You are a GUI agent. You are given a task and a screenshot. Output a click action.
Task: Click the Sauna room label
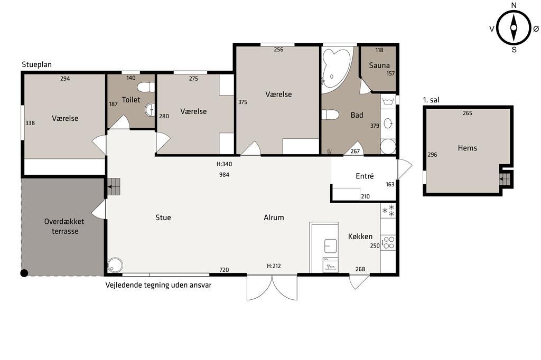click(x=379, y=65)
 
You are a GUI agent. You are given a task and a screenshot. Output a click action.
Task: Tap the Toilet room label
click(x=131, y=100)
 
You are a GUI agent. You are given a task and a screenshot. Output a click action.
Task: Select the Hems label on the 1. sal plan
click(x=467, y=148)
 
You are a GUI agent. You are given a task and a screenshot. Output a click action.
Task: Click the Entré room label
click(x=365, y=176)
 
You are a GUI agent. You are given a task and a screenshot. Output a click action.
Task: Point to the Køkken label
click(x=360, y=236)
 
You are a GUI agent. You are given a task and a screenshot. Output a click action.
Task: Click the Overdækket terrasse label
click(x=64, y=226)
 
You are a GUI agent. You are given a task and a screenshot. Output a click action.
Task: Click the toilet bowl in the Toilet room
click(x=146, y=87)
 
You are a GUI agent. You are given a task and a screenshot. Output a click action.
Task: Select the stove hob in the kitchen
click(x=388, y=242)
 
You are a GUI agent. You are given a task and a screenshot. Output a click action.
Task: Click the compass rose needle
click(x=514, y=28)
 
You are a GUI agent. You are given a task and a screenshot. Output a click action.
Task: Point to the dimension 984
click(x=224, y=175)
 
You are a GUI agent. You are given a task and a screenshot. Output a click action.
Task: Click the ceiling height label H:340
click(x=224, y=164)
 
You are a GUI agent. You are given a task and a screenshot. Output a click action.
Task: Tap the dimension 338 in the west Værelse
click(x=30, y=123)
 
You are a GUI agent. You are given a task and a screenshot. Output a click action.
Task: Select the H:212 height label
click(x=274, y=266)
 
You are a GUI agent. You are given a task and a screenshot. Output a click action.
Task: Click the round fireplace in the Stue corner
click(x=115, y=265)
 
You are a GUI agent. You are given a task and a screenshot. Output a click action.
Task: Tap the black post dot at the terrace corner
click(x=24, y=273)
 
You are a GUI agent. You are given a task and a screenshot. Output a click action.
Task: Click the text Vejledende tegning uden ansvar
click(x=158, y=285)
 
